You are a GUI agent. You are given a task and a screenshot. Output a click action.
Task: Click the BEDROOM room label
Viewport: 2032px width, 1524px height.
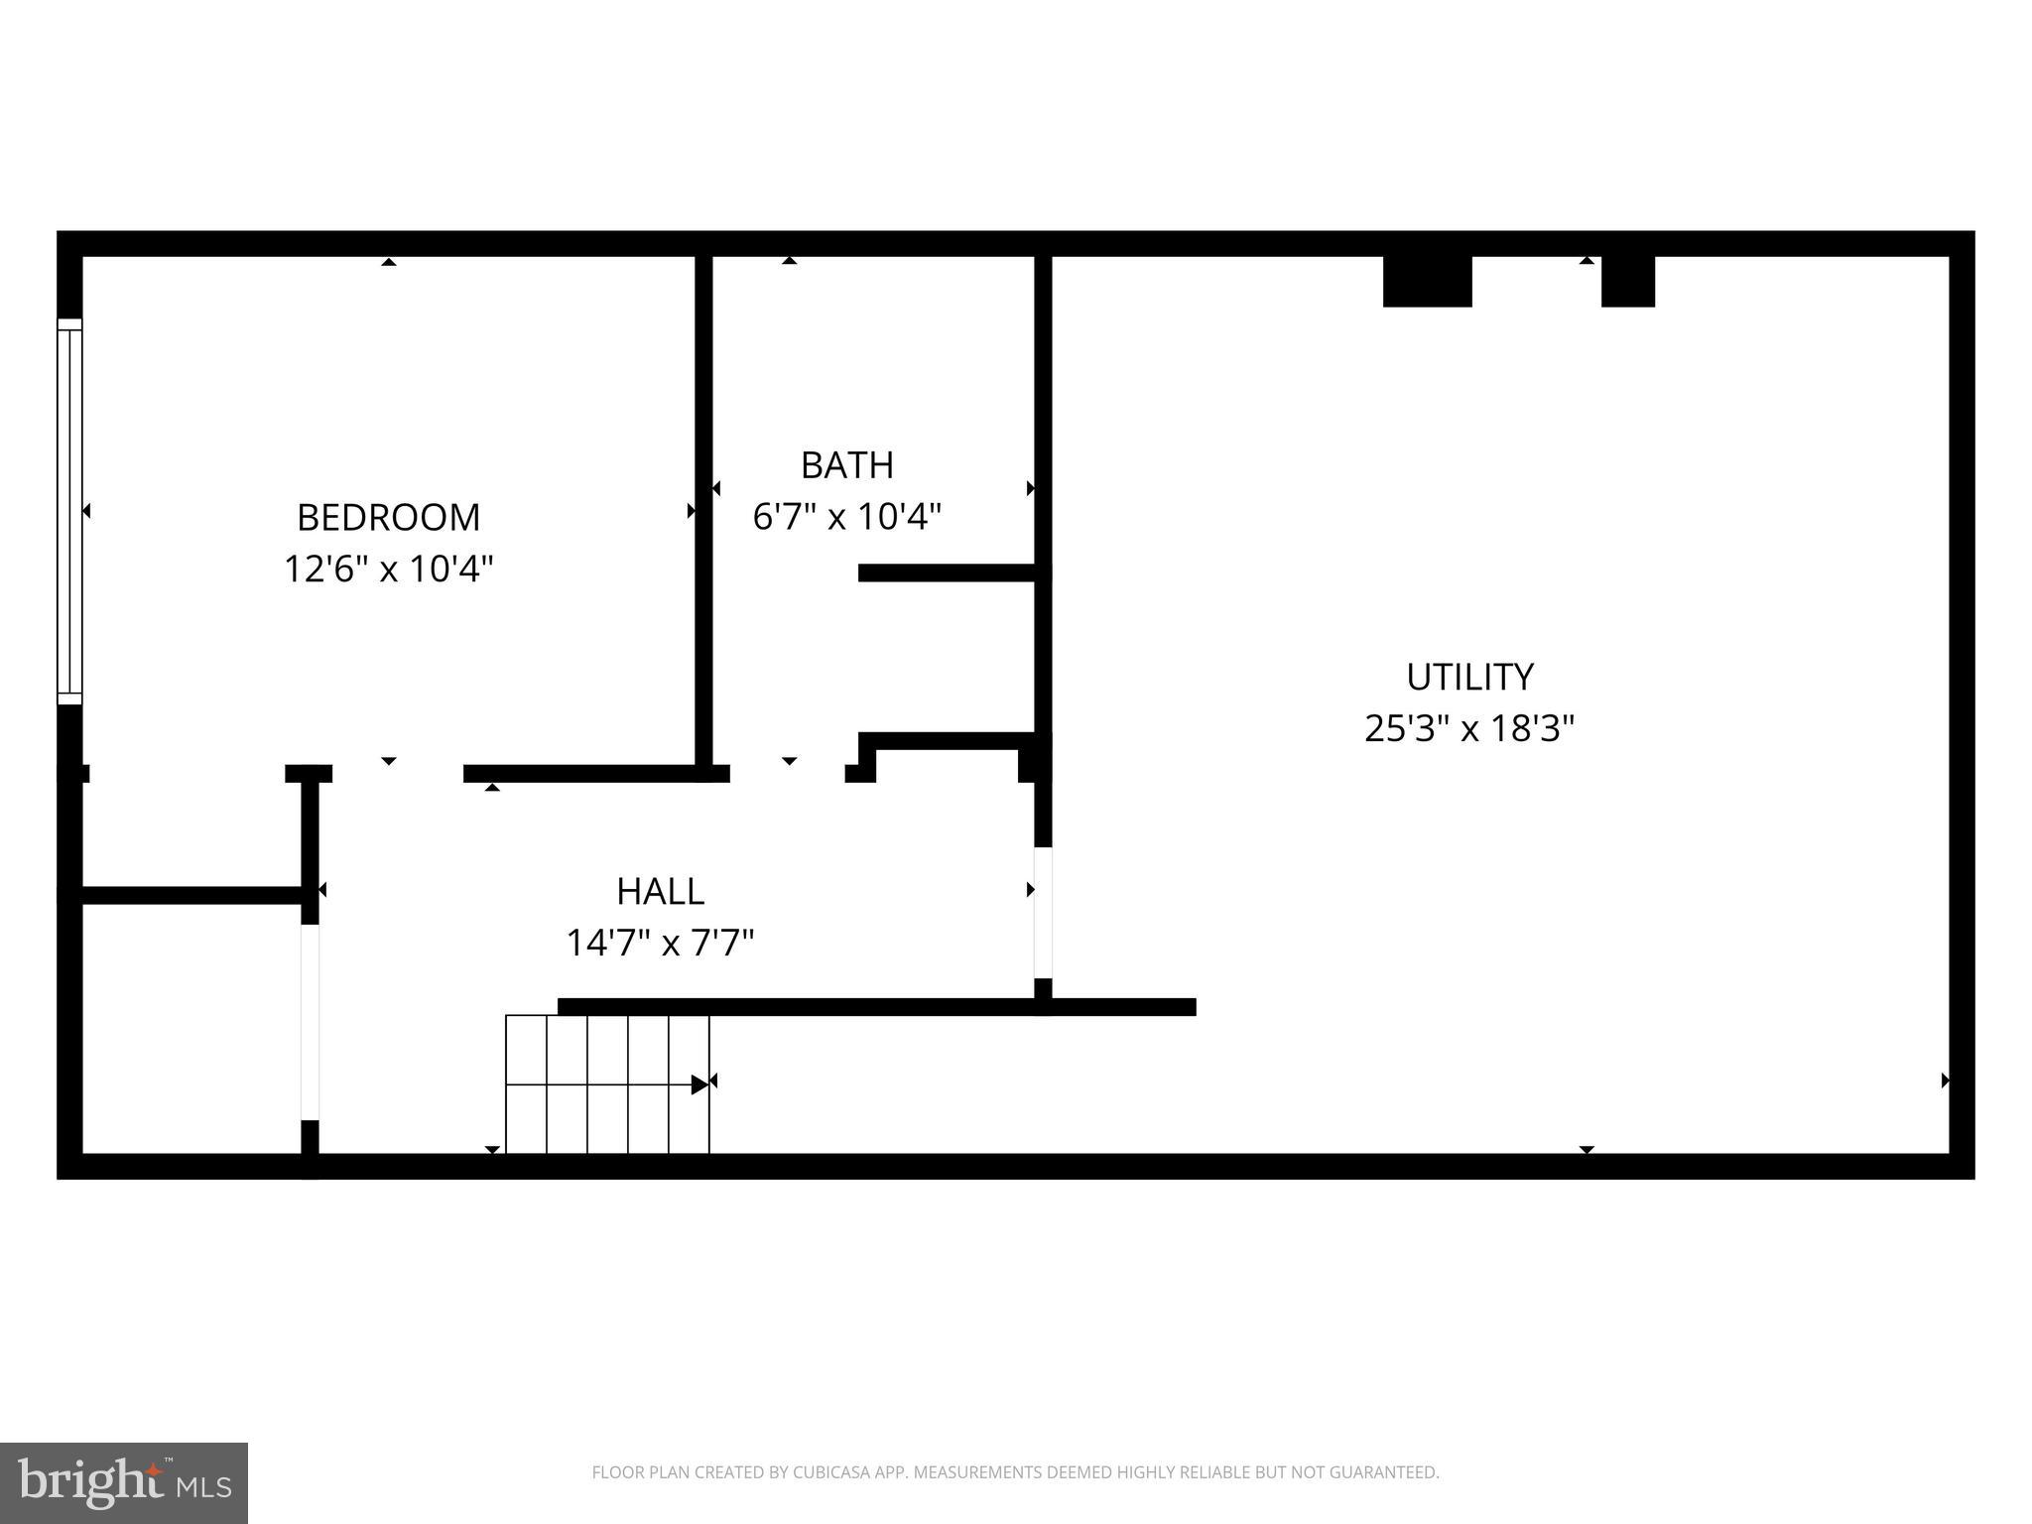pos(388,517)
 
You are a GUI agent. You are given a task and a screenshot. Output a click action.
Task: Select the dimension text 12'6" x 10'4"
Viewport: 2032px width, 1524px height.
pos(388,570)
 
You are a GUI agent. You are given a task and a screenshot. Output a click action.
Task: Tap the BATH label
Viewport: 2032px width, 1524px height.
pos(846,464)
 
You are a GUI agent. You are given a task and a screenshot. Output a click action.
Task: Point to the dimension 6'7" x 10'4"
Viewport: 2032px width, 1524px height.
pos(846,517)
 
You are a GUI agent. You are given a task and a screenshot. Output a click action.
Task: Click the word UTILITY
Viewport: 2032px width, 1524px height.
pos(1469,677)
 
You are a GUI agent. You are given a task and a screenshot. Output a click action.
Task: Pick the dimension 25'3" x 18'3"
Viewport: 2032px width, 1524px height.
pos(1469,729)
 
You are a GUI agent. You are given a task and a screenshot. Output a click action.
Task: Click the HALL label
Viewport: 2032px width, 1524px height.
pos(660,891)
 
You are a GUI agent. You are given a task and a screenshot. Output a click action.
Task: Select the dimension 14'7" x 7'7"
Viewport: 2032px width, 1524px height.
pos(660,943)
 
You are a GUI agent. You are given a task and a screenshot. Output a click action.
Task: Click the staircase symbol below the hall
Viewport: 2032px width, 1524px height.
pos(607,1084)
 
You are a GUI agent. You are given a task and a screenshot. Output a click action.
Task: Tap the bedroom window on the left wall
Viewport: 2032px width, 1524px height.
pos(69,511)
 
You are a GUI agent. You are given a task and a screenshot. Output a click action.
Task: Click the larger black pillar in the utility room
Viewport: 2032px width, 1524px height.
pos(1427,281)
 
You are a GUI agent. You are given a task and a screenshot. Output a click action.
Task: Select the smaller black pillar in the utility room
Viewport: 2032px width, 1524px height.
pos(1627,281)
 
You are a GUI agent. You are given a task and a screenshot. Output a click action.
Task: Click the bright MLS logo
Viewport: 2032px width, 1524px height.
pos(124,1482)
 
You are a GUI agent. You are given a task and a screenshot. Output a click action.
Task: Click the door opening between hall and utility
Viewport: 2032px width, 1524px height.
pos(1043,913)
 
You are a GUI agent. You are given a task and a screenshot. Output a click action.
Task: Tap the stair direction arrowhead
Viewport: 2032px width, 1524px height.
pos(700,1084)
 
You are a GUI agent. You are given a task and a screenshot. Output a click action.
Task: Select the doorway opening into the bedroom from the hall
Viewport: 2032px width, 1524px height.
pos(397,774)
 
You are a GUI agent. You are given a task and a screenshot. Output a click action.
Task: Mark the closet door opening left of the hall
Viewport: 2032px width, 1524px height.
pos(310,1022)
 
